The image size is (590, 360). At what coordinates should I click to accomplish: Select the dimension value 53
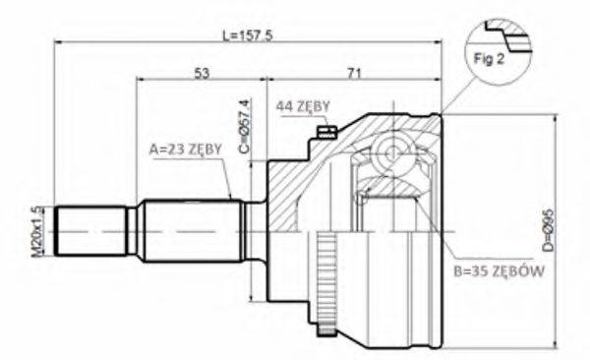coord(203,73)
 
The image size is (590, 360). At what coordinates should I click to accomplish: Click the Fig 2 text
coord(489,60)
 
